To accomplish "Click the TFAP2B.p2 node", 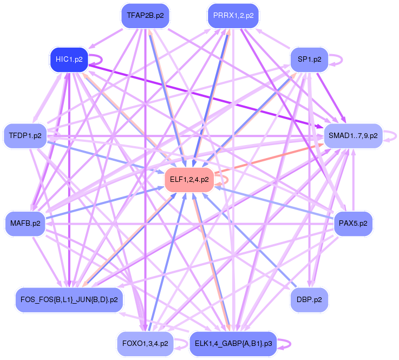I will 145,16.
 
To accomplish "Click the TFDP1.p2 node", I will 25,135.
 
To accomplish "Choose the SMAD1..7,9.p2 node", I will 353,135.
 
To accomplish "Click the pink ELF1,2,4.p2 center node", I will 189,180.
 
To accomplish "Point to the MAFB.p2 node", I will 25,223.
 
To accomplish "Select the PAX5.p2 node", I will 353,223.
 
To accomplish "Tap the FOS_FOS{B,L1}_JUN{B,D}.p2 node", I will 69,299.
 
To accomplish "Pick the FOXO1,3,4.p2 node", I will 145,343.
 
